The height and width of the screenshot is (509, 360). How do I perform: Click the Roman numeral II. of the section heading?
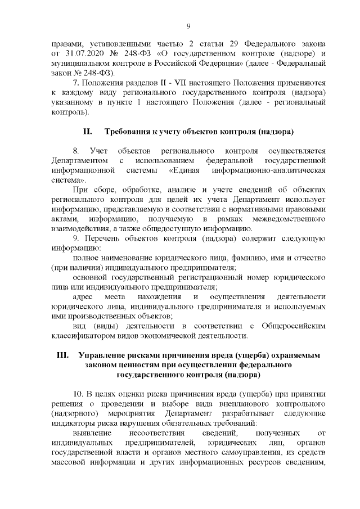(x=87, y=132)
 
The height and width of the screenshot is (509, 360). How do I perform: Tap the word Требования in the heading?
(x=130, y=132)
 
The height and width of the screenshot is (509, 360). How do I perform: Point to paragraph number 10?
(x=79, y=393)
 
